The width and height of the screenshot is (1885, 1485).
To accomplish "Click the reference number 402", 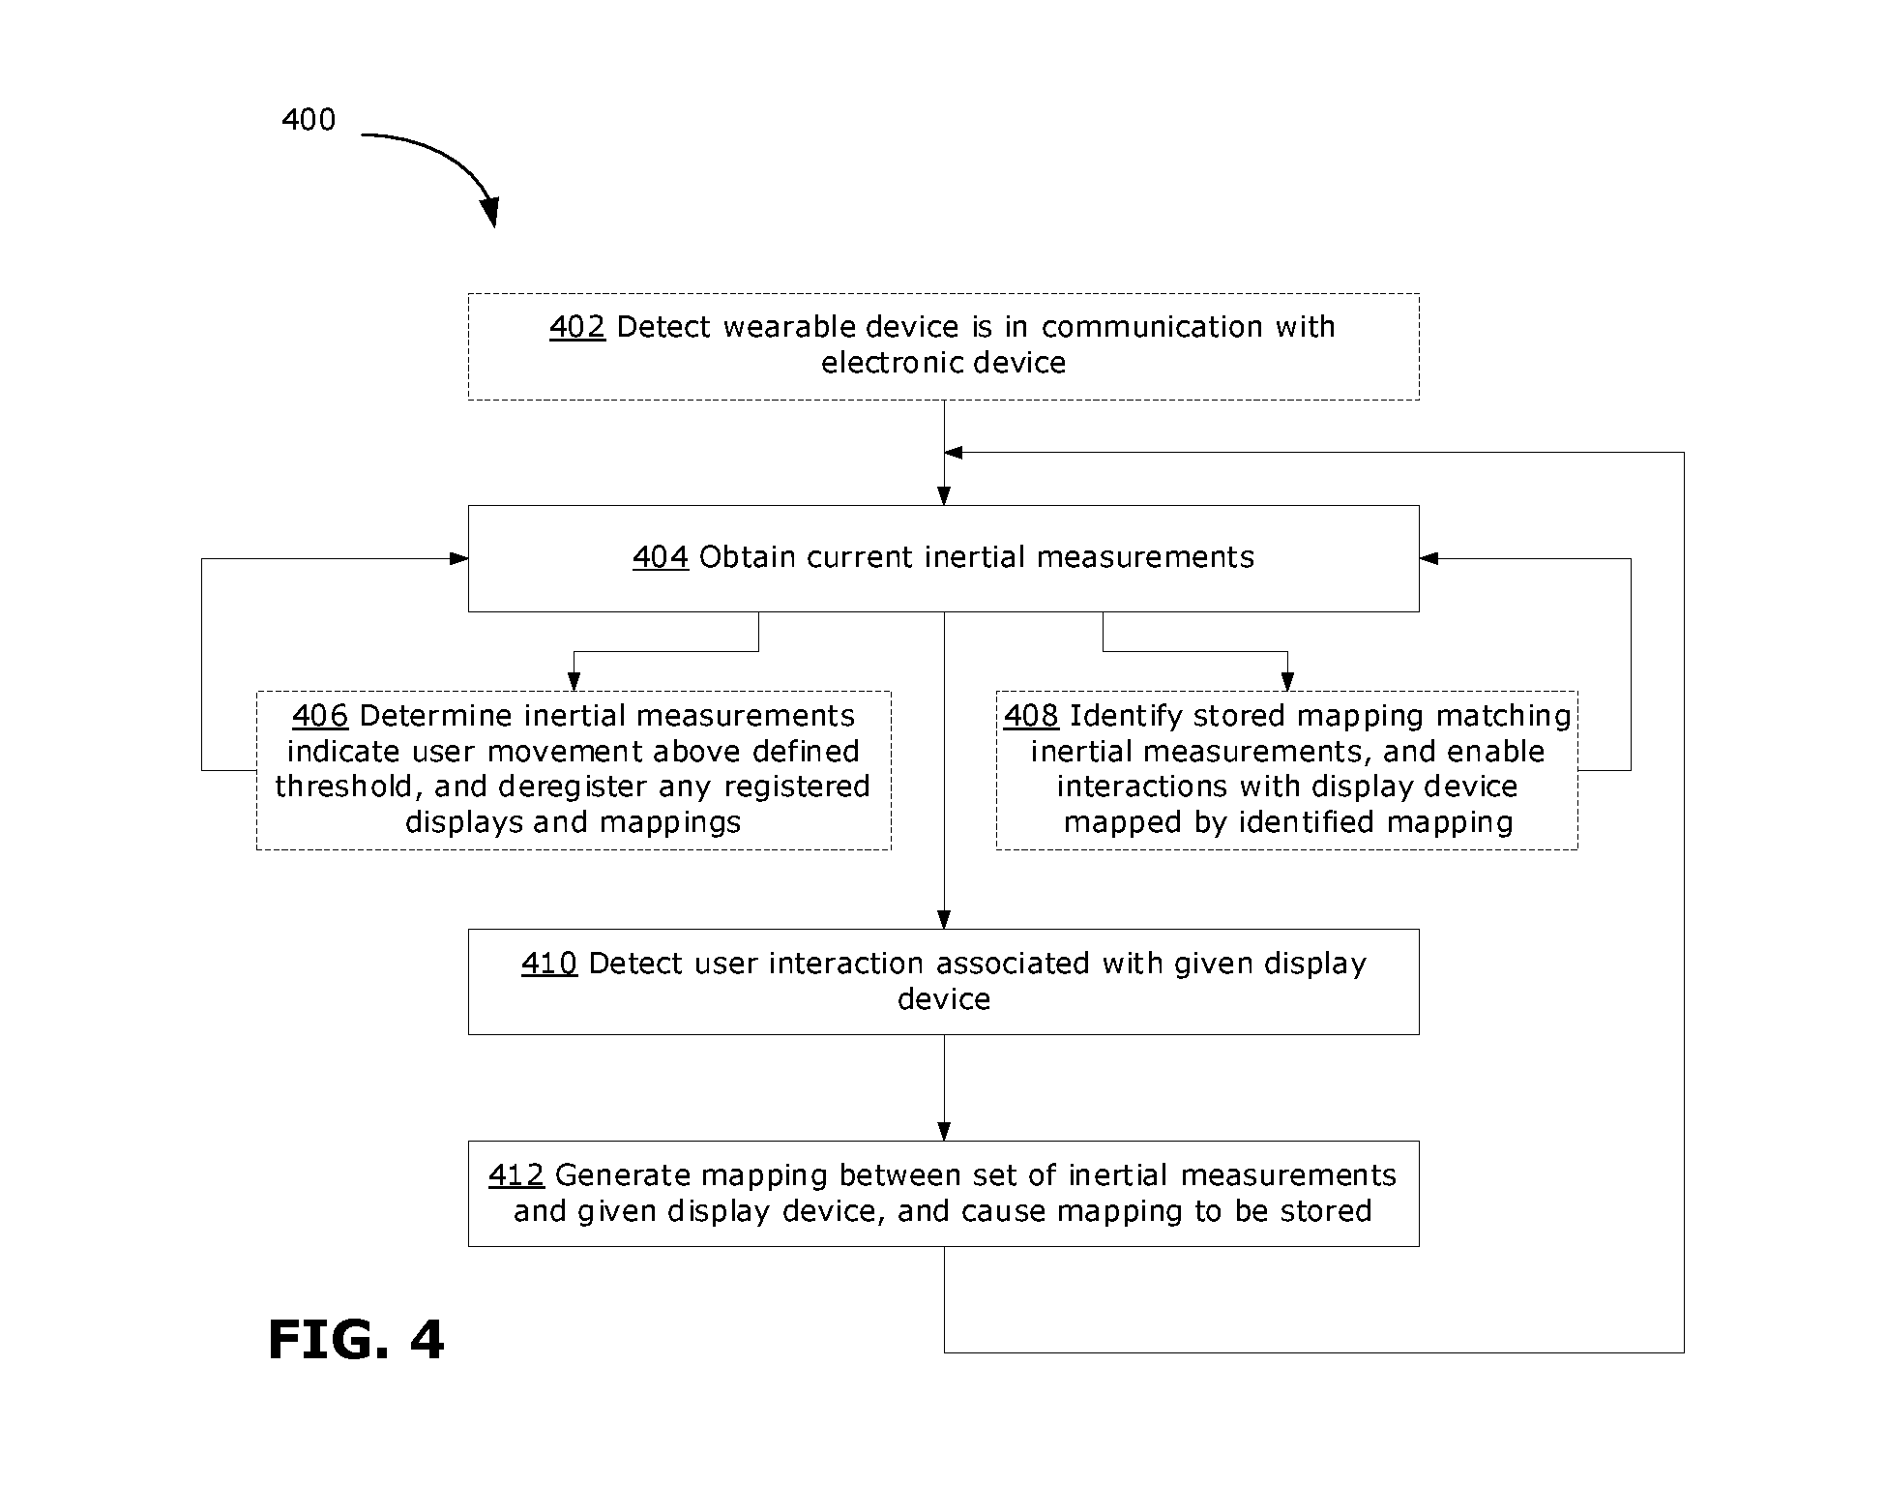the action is coord(577,327).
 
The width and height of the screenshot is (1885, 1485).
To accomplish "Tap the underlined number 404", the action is coord(661,557).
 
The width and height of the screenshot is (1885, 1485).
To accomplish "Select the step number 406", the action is coord(320,716).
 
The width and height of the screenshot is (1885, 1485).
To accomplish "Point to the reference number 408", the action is coord(1031,716).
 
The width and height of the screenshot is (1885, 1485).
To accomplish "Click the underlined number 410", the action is coord(549,964).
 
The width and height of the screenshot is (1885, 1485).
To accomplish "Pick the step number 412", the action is coord(516,1175).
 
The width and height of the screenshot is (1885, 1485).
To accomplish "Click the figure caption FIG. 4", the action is coord(356,1340).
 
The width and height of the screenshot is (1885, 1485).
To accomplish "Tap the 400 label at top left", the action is coord(309,120).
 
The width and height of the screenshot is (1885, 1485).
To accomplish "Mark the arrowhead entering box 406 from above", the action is coord(574,683).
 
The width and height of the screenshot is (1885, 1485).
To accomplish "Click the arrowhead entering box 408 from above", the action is coord(1287,683).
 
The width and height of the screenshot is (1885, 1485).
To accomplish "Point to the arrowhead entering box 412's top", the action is coord(944,1132).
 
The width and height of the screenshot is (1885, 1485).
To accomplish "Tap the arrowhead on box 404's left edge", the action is coord(459,558).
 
